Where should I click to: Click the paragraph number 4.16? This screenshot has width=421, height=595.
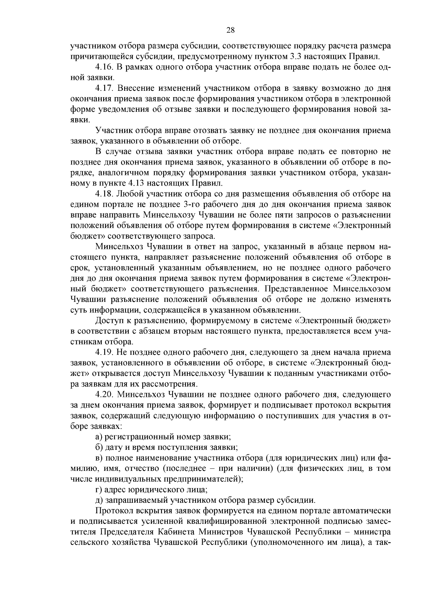[104, 67]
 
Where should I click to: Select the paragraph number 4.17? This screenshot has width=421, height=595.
[104, 88]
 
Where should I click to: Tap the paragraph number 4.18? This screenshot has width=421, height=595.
[104, 194]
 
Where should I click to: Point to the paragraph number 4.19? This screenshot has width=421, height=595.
[104, 352]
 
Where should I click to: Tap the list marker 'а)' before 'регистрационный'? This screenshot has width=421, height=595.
[99, 437]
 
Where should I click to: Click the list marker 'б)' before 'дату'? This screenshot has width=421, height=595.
[99, 447]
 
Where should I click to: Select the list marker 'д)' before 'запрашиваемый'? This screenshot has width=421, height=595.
[99, 500]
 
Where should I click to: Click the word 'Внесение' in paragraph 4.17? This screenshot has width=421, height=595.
[132, 88]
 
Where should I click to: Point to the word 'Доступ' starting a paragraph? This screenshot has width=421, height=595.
[108, 320]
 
